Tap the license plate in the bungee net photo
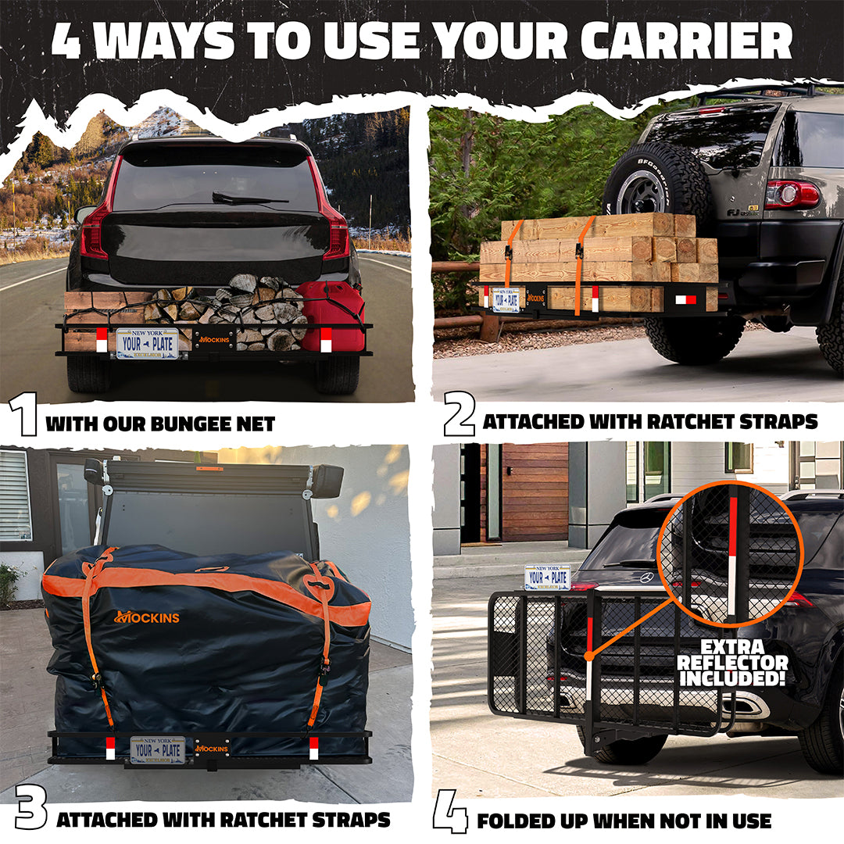147,343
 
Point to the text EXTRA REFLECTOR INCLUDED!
732,663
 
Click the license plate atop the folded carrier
547,577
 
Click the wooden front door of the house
535,492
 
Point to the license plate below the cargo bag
157,749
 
